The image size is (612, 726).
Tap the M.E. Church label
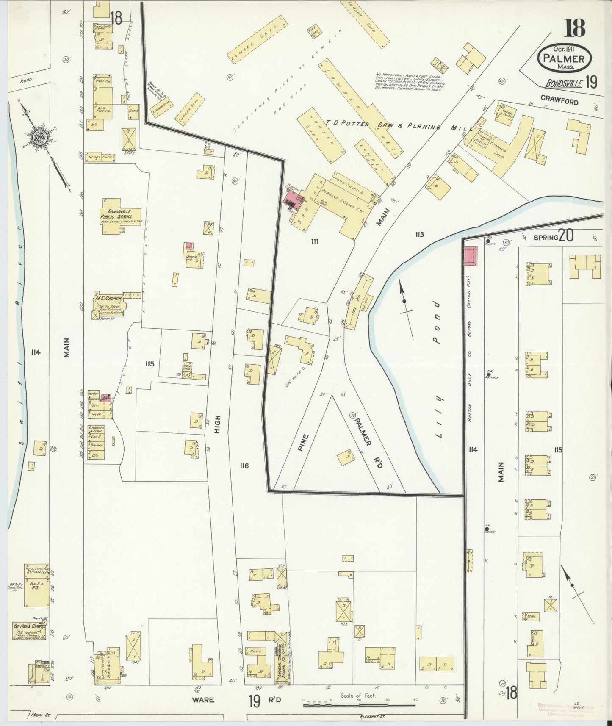pos(109,298)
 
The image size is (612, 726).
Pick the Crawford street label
pos(559,102)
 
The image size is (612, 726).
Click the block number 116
pos(244,466)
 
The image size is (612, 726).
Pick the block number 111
pos(314,241)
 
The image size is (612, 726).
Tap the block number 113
pos(419,234)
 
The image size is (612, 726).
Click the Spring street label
pos(545,238)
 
